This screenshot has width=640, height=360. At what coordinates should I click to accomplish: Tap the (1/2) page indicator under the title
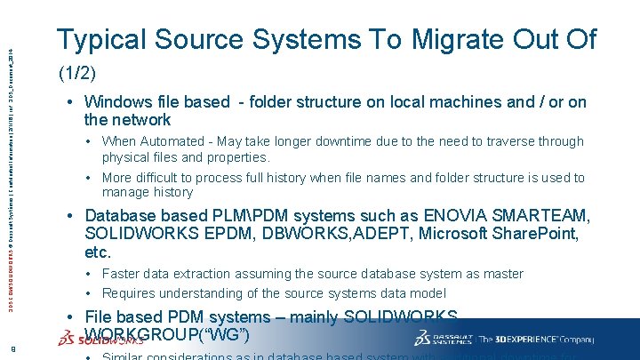click(x=76, y=71)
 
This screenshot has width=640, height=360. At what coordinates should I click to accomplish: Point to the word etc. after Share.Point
click(x=99, y=252)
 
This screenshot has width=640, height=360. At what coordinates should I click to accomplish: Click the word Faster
click(x=123, y=274)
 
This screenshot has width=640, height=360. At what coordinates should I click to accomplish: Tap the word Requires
click(x=129, y=293)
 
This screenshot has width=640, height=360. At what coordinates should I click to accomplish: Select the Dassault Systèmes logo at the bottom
click(x=441, y=339)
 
